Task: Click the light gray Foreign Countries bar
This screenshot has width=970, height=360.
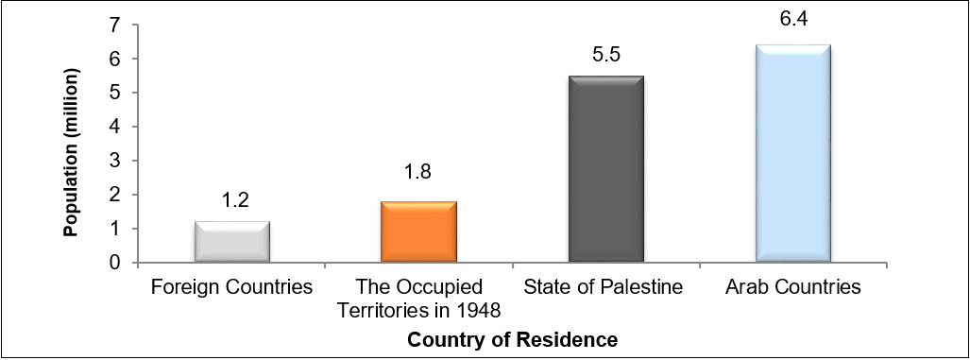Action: tap(232, 242)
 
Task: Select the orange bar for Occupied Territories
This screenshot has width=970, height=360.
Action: tap(418, 231)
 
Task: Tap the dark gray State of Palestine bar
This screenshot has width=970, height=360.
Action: tap(606, 169)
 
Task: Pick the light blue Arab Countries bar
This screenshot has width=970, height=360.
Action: tap(793, 154)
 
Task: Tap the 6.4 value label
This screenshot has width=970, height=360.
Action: tap(793, 18)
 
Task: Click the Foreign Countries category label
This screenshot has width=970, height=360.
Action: tap(232, 287)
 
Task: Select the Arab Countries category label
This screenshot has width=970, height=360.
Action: tap(793, 287)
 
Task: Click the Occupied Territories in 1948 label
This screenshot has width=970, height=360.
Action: tap(419, 297)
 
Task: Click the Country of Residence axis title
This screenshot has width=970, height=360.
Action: tap(513, 338)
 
